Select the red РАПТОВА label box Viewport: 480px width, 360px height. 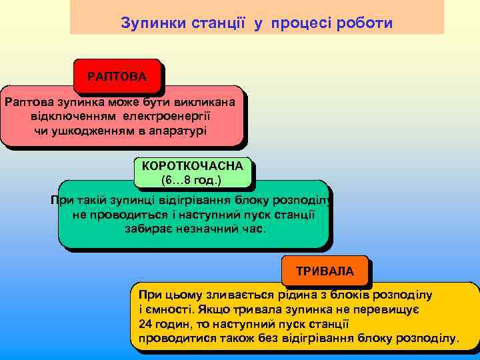pos(117,76)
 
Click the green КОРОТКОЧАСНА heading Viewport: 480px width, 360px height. pos(192,165)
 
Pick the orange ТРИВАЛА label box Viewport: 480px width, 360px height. pos(325,271)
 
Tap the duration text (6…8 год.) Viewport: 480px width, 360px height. pos(191,180)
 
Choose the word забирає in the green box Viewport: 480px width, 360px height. pos(146,228)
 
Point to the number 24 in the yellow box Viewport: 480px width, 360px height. pos(145,324)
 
